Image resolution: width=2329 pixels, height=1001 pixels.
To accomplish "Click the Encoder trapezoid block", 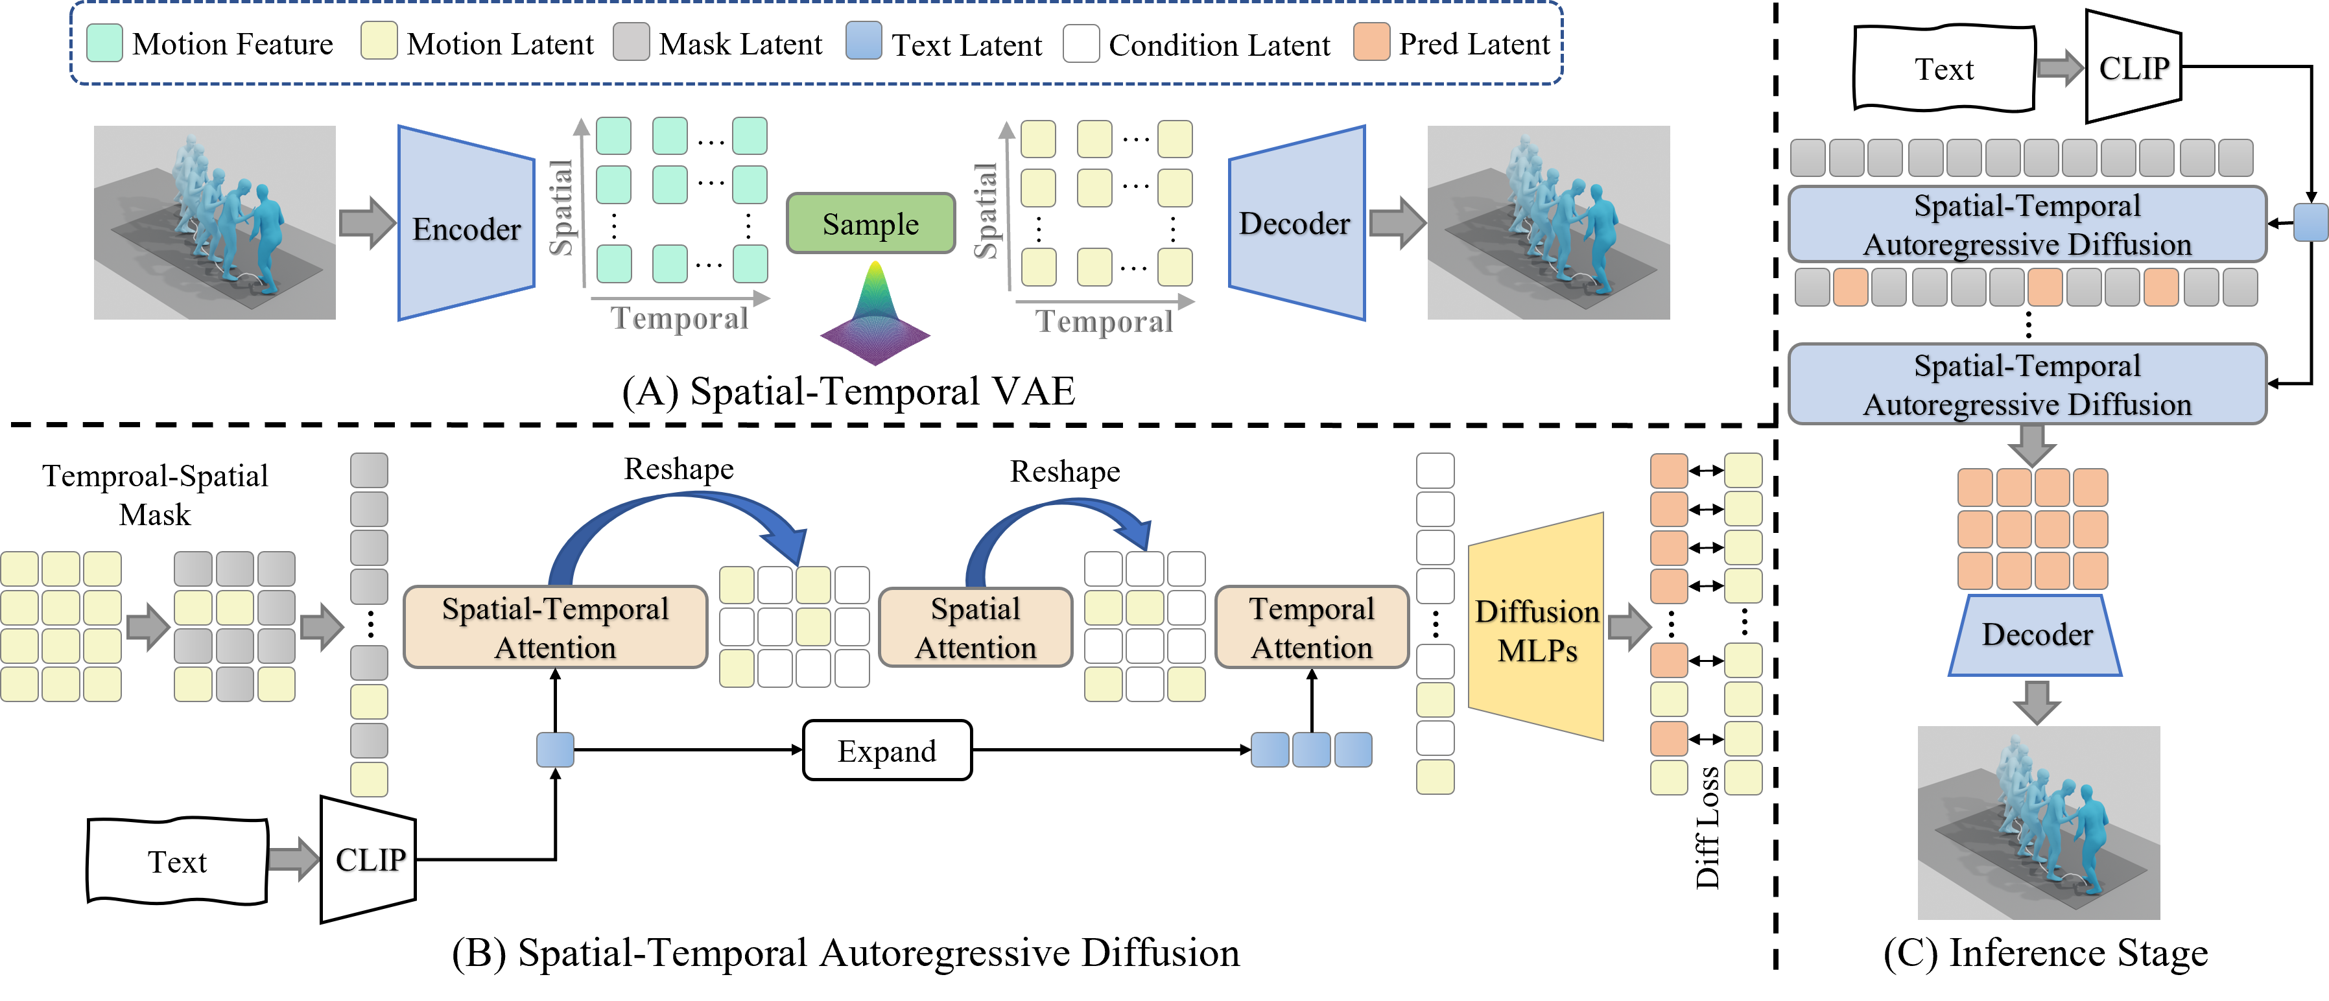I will (466, 224).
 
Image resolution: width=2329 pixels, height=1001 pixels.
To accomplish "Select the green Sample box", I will (871, 224).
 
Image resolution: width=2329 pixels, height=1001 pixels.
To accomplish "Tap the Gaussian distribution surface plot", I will (874, 312).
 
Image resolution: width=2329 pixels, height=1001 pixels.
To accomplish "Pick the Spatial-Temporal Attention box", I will (555, 628).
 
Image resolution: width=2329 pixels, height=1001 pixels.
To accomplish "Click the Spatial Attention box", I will (976, 628).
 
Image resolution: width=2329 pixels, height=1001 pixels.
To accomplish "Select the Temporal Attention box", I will (1311, 628).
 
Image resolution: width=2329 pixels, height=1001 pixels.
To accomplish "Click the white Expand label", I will (886, 751).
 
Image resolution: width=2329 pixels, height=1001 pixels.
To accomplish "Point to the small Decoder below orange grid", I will (2035, 635).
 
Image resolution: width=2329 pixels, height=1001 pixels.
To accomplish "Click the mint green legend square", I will (105, 43).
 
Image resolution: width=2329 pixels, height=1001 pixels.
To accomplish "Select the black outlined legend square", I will (1080, 43).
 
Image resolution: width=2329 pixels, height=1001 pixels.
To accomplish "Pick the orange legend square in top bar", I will (1371, 41).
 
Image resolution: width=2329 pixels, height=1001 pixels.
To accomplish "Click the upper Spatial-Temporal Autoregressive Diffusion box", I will (2026, 224).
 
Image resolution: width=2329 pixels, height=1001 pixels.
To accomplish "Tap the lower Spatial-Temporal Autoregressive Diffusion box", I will (2026, 384).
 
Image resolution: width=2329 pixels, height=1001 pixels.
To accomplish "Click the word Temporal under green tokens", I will (679, 318).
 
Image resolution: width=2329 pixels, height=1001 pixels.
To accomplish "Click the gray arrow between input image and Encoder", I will (366, 222).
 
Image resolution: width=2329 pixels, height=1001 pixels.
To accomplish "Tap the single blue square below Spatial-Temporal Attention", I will (555, 749).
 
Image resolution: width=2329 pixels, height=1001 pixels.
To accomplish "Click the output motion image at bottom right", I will (2038, 823).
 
